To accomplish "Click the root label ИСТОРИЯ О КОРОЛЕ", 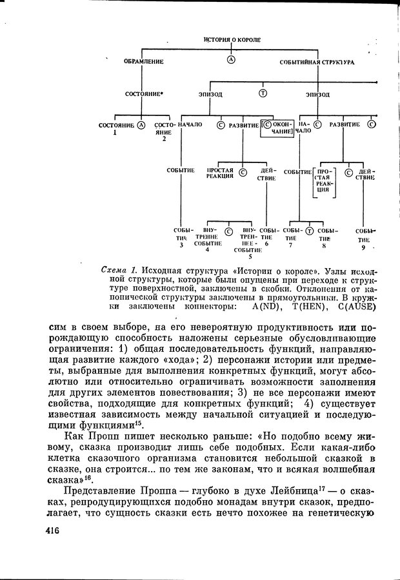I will (232, 40).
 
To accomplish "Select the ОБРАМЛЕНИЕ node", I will (143, 62).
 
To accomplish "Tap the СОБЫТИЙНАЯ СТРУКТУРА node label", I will (317, 63).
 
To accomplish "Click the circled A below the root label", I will (231, 60).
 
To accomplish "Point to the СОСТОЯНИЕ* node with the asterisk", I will (144, 94).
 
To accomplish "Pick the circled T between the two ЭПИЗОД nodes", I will (263, 93).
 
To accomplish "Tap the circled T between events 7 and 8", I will (309, 231).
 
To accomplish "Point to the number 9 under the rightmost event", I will (363, 247).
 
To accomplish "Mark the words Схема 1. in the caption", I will (120, 269).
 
